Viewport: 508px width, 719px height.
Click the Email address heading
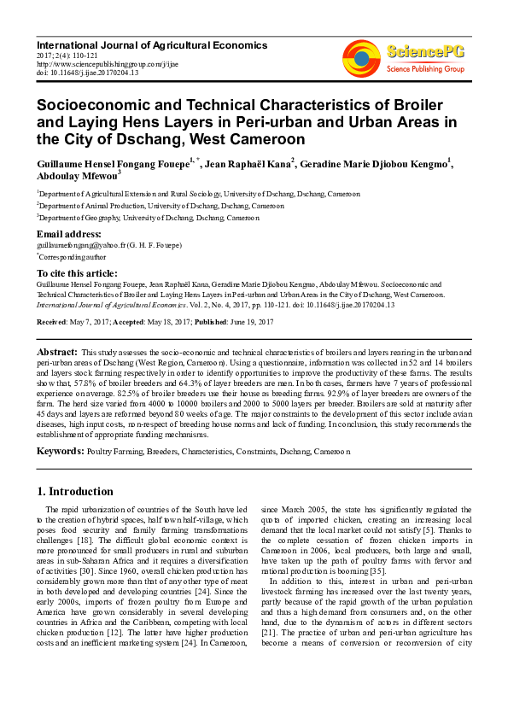coord(68,234)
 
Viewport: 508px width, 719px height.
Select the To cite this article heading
coord(78,272)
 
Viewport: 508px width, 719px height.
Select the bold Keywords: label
coord(61,449)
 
